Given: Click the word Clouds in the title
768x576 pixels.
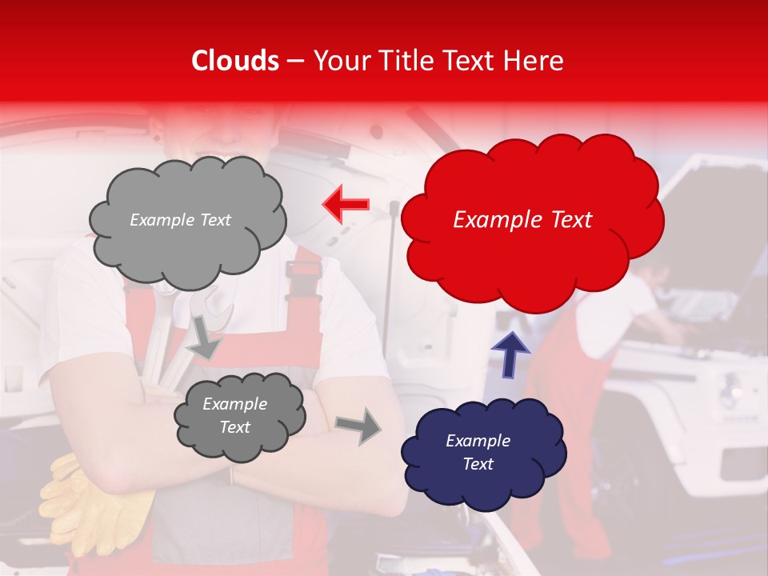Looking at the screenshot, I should click(x=235, y=61).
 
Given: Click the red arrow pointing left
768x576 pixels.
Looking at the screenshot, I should click(x=346, y=205).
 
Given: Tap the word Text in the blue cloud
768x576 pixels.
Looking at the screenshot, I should click(x=478, y=464).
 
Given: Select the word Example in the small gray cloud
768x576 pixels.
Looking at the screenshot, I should click(x=234, y=404).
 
